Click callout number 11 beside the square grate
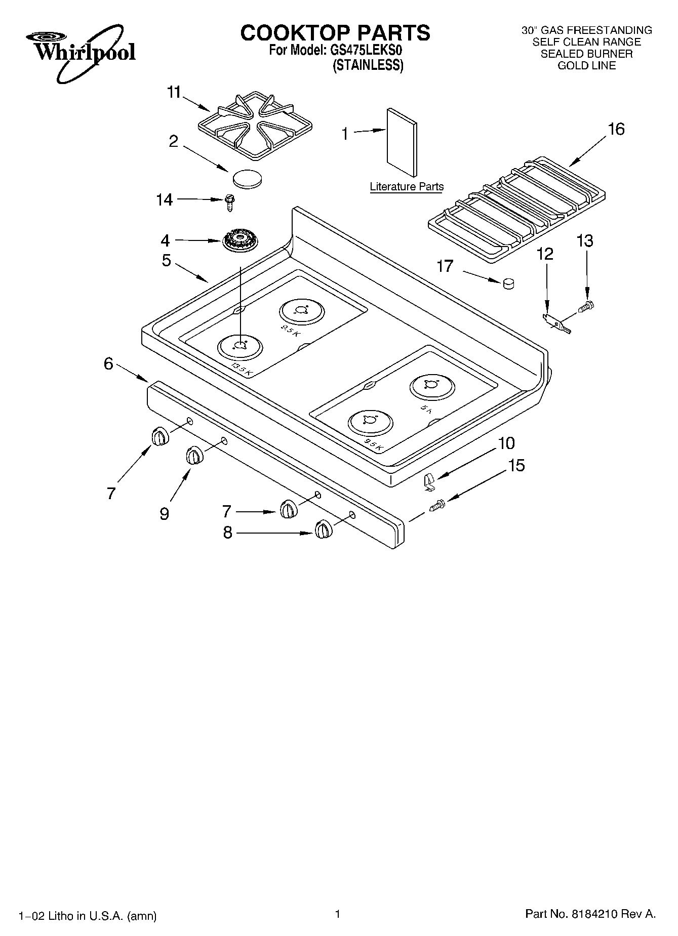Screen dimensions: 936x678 pos(174,93)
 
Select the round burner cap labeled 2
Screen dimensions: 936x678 pos(248,179)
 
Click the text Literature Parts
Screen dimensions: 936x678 pos(407,186)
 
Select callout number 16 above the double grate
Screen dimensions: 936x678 pos(616,130)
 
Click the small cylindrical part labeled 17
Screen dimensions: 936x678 pos(508,284)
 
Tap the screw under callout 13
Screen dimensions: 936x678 pos(587,306)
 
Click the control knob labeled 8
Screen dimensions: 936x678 pos(323,530)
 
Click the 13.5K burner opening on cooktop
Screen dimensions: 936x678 pos(241,346)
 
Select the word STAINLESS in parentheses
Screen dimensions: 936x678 pos(368,65)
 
